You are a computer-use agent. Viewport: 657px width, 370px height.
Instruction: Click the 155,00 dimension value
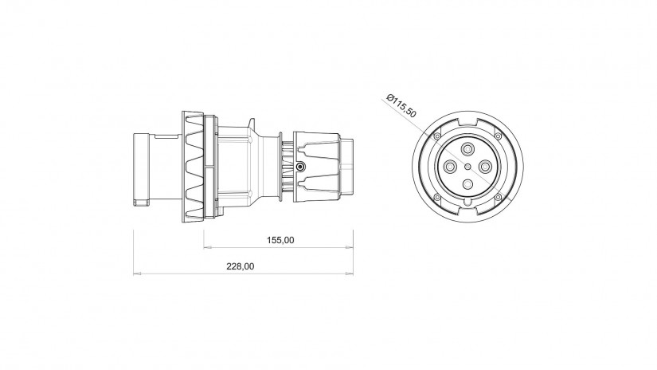280,240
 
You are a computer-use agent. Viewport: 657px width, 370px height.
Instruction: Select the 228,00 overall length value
240,266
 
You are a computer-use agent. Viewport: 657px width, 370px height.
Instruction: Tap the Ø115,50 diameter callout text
401,105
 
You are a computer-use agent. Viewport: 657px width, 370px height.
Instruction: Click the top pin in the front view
467,149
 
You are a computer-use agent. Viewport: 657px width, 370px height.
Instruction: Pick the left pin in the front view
450,167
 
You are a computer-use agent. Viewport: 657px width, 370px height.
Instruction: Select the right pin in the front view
485,167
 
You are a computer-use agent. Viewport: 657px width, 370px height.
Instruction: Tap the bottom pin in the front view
467,184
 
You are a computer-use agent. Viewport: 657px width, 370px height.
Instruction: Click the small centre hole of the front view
467,167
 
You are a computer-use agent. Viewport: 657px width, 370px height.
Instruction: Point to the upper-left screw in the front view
437,136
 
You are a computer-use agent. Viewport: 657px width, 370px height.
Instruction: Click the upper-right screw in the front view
499,136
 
